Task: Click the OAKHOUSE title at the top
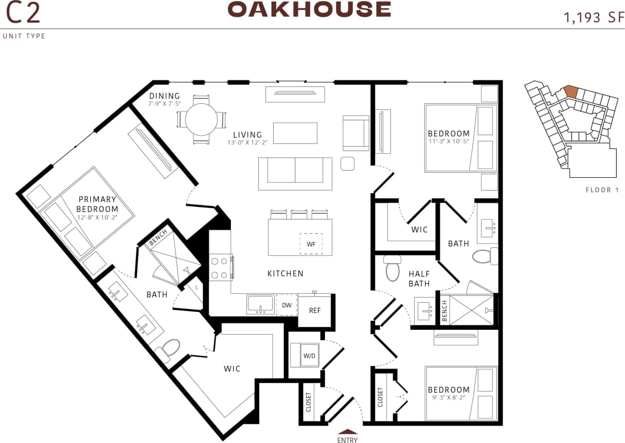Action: [309, 10]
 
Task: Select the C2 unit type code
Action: [23, 14]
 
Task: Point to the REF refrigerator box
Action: [315, 310]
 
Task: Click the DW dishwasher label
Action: [287, 305]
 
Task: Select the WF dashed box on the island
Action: [311, 244]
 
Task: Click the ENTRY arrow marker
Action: [347, 432]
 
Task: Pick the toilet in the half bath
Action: [392, 268]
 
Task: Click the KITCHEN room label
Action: [285, 273]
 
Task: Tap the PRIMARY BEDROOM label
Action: [97, 204]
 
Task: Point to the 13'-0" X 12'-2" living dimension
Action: [248, 142]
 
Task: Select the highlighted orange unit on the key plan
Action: [570, 91]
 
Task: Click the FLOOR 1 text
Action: [602, 190]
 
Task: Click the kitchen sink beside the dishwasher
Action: [260, 304]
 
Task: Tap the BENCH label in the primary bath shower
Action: [158, 241]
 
